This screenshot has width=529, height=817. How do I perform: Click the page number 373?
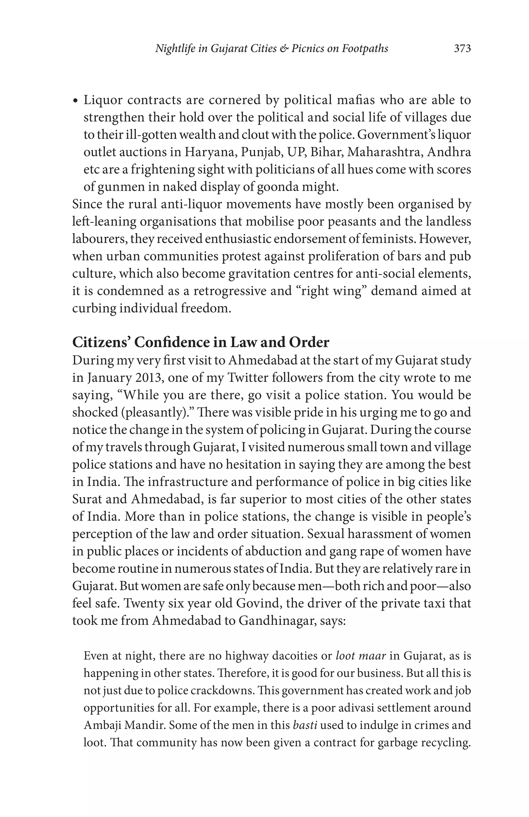pyautogui.click(x=462, y=48)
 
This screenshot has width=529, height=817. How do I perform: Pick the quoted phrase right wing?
pyautogui.click(x=332, y=291)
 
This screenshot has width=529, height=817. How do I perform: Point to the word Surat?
pyautogui.click(x=87, y=499)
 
